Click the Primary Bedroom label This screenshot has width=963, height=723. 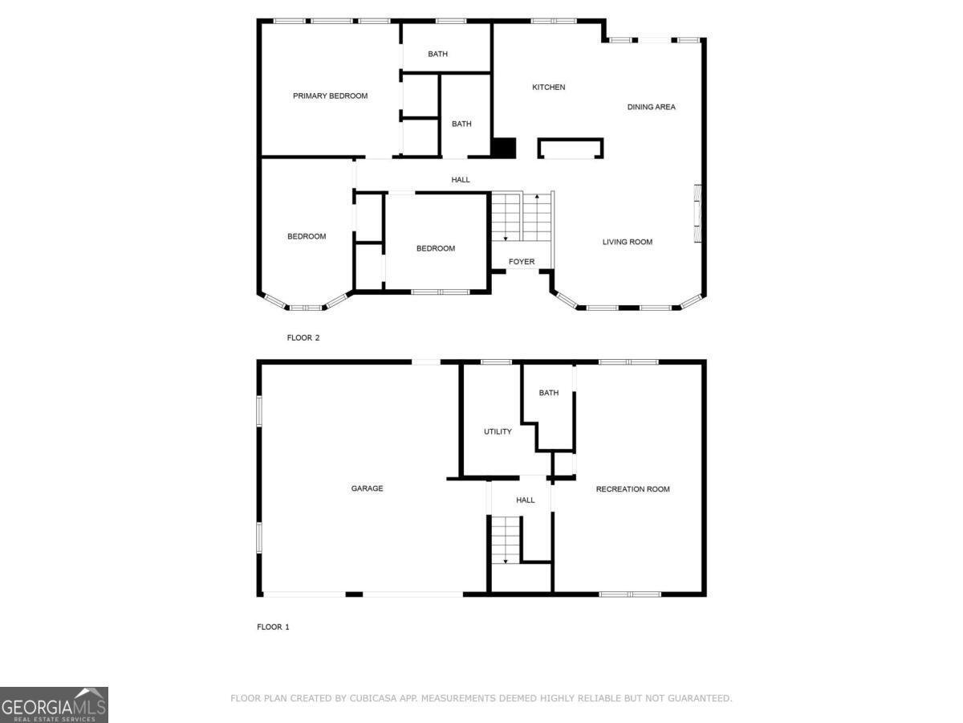pos(330,96)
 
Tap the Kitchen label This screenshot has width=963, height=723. pos(549,88)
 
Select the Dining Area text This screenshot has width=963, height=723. pos(651,107)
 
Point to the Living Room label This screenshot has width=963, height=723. pos(627,242)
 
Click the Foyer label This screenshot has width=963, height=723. pos(522,262)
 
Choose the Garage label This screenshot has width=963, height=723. pos(367,488)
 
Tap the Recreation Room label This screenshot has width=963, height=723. pos(632,489)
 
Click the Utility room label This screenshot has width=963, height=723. pos(498,432)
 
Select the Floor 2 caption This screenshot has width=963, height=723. pos(303,338)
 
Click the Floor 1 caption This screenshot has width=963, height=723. pos(273,627)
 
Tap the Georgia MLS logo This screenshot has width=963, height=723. pos(54,705)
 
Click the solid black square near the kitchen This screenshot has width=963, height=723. pos(503,148)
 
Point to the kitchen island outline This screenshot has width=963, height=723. pos(570,149)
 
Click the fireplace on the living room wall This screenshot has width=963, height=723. pos(697,213)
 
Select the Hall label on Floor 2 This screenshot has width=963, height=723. pos(461,180)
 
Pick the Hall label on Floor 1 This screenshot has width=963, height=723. pos(525,500)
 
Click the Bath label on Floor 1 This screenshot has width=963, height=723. pos(549,393)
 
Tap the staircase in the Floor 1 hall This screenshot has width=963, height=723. pos(506,540)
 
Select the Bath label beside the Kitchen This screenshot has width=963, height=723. pos(461,125)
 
